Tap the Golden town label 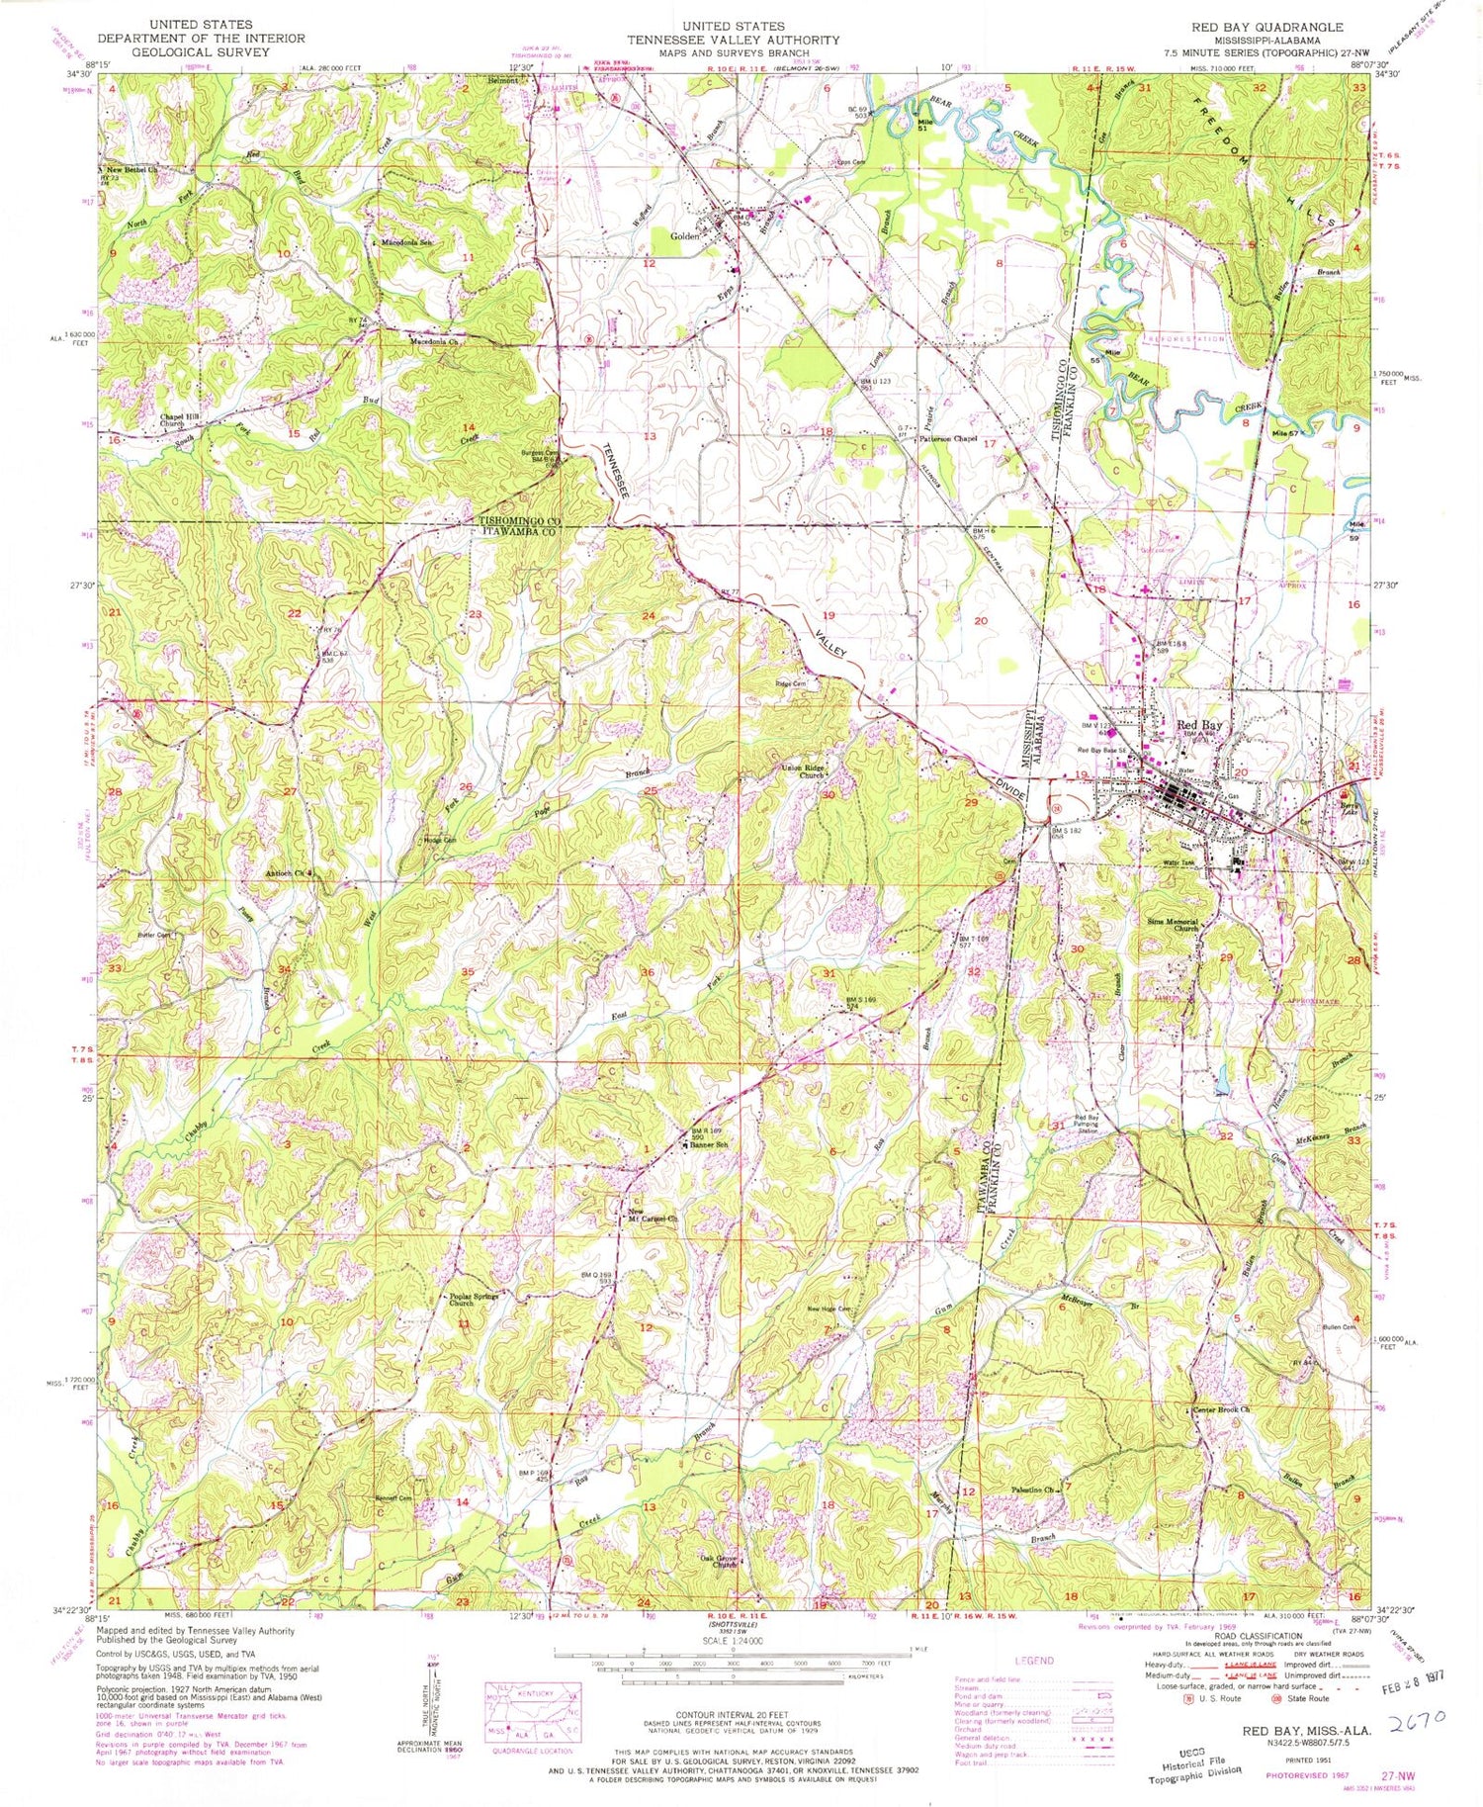point(685,236)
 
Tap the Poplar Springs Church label point(474,1299)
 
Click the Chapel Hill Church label point(180,420)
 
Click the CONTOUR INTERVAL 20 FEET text point(733,1716)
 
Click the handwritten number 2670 point(1415,1717)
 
